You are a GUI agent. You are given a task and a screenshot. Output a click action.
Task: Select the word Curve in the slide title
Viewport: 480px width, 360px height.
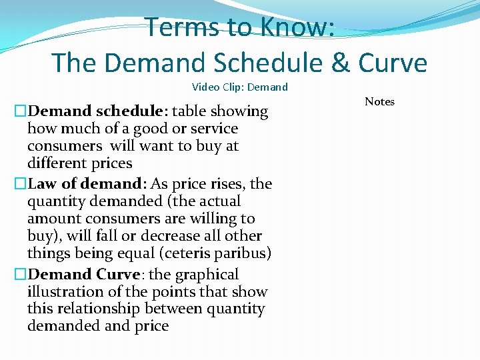[393, 63]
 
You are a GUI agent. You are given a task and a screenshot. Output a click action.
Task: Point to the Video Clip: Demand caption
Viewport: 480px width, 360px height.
[240, 87]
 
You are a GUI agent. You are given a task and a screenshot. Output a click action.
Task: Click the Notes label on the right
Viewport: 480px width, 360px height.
[379, 101]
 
